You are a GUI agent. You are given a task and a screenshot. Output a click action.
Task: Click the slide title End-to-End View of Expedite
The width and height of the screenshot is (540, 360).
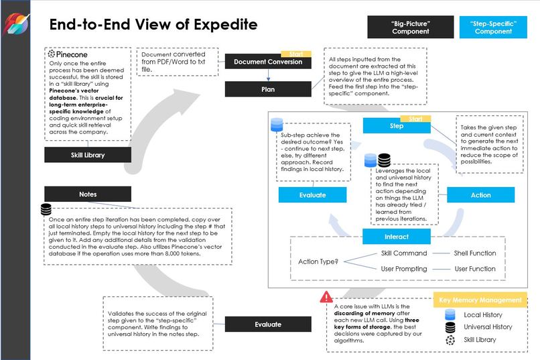pos(153,25)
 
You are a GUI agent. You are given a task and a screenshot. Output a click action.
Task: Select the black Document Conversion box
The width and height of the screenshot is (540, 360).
pos(267,62)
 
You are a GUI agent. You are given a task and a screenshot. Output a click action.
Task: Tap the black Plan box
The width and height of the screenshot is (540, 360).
pos(267,88)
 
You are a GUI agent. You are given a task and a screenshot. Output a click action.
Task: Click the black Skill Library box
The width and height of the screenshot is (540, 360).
pos(87,155)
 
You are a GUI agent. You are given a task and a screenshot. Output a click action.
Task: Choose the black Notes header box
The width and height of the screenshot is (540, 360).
pos(87,194)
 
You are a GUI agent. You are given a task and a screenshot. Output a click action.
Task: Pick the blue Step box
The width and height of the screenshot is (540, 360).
pos(396,125)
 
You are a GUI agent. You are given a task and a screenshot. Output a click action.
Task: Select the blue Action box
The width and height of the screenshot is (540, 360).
pos(480,195)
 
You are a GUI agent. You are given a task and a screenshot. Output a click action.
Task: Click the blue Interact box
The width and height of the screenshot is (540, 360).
pos(396,237)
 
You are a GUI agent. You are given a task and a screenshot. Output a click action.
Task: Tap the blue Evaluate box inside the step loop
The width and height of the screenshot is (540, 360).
pos(312,195)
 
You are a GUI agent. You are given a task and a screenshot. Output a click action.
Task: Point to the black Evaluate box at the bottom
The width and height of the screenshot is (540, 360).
pos(267,324)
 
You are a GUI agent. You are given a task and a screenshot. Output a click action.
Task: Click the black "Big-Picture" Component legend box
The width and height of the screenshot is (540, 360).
pos(410,27)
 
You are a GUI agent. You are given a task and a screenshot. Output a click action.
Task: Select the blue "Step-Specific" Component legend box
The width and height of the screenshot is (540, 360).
pos(493,27)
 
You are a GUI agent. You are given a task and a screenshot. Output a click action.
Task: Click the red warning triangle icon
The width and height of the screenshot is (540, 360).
pos(326,296)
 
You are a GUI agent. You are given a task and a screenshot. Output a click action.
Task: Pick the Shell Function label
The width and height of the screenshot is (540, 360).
pos(475,253)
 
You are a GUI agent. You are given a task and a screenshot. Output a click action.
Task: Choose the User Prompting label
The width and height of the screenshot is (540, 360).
pos(404,269)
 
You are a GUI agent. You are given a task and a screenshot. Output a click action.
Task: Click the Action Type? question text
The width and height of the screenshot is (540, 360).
pos(318,261)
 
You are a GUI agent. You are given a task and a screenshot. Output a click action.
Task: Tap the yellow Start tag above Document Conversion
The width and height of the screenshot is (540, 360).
pos(295,53)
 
